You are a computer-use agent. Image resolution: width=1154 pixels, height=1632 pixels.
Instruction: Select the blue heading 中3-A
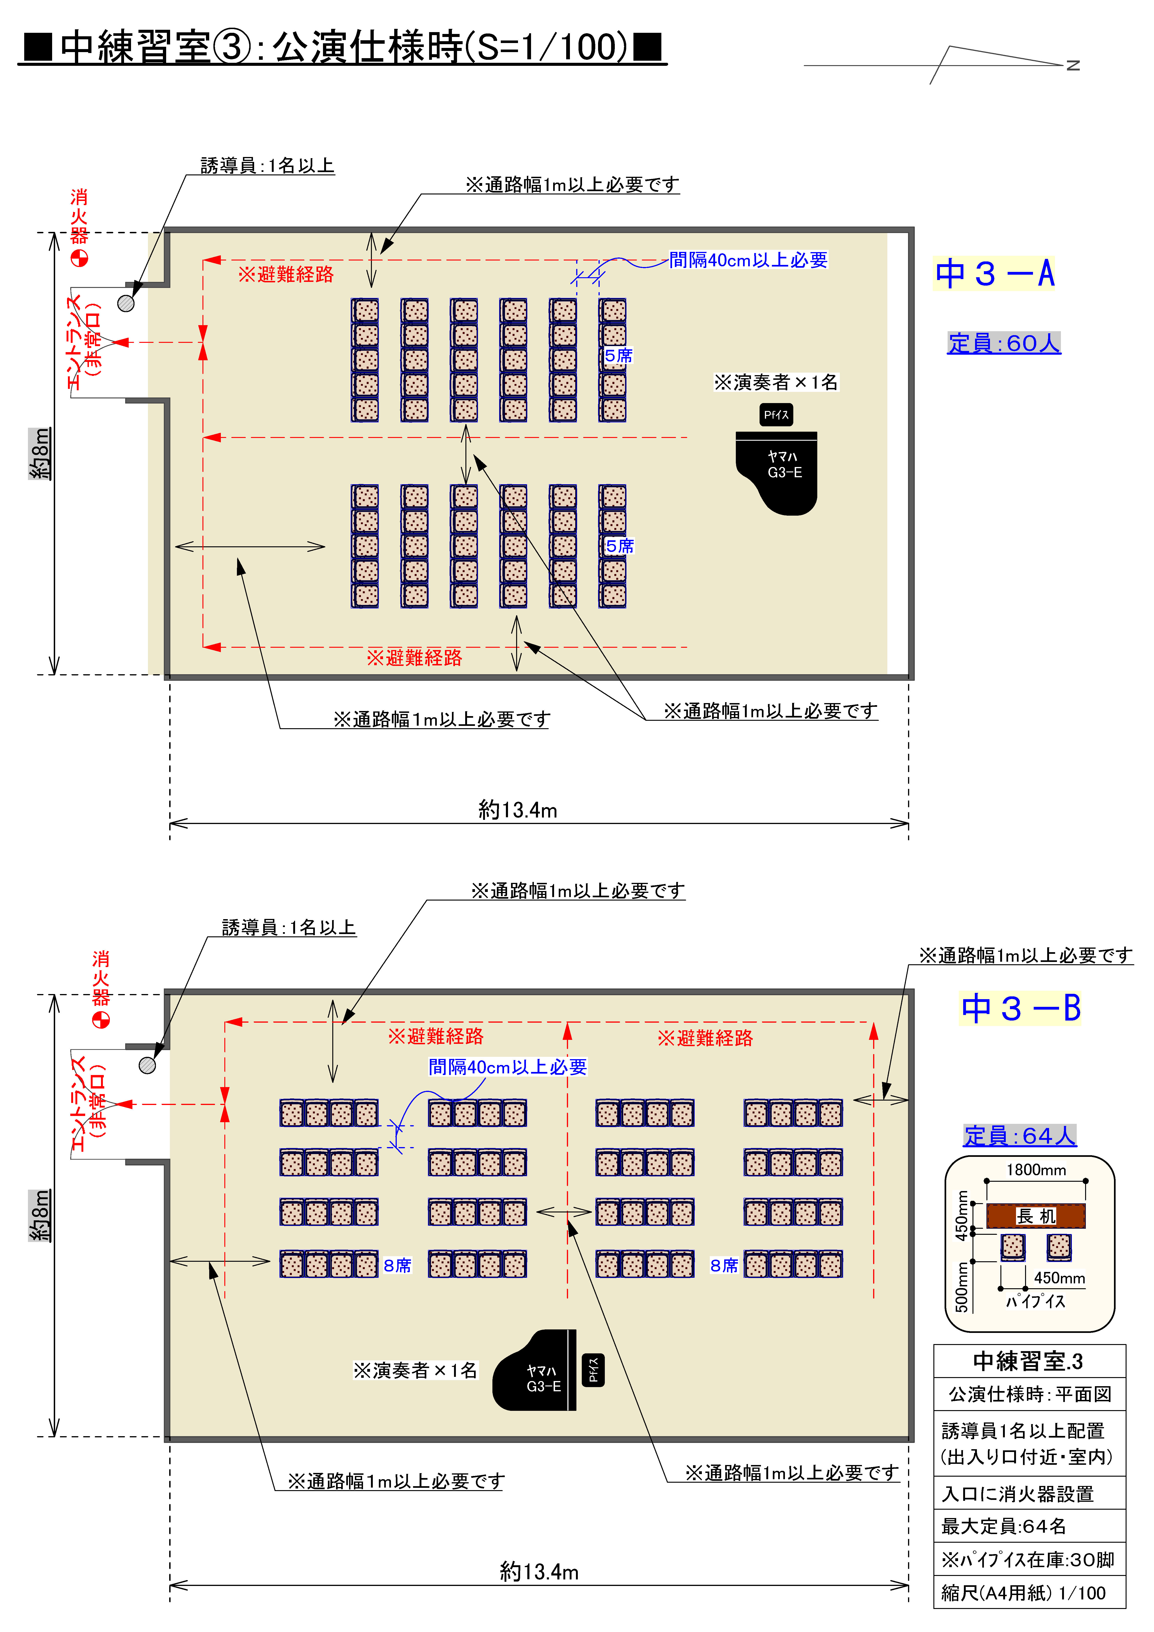coord(994,274)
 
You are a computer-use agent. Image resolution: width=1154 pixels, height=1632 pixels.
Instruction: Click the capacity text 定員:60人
coord(1003,343)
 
